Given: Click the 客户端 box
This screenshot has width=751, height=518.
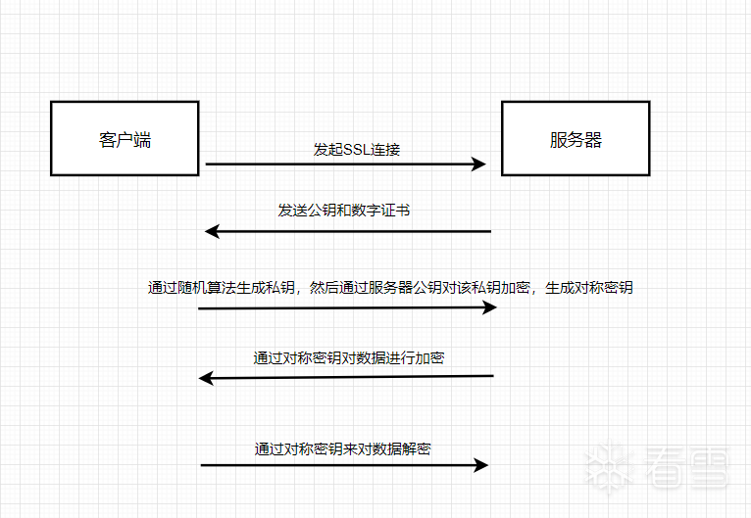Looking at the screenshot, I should (125, 138).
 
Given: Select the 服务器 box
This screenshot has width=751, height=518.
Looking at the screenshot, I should (576, 138).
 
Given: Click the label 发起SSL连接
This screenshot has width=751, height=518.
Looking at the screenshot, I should (357, 150).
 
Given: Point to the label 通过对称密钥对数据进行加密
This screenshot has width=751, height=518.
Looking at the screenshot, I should (349, 358).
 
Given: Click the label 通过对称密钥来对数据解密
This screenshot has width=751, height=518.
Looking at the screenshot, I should (343, 449).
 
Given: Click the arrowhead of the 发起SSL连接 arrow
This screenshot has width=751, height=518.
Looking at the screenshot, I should (479, 165).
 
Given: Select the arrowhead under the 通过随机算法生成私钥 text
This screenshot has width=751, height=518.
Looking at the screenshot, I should (490, 307).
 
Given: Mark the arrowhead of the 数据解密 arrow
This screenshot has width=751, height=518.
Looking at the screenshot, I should (480, 465).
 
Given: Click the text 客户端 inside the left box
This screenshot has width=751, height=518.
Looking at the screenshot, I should (125, 139).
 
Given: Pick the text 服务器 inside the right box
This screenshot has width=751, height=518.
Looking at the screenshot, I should (576, 139).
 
